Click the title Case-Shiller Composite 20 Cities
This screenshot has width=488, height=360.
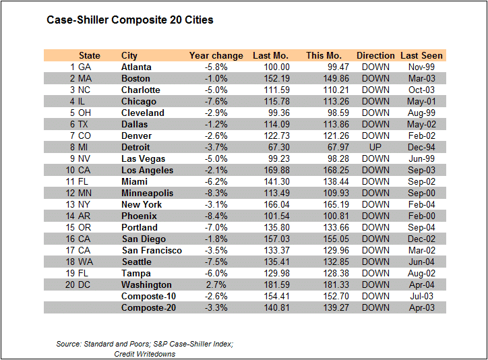point(130,20)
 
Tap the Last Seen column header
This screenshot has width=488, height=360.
point(421,55)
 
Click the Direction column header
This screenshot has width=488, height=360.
point(375,55)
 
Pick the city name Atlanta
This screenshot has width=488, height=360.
point(136,67)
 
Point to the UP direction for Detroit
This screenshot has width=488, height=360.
point(375,147)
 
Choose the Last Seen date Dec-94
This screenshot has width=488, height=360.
point(421,147)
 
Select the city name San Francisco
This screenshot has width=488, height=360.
point(152,250)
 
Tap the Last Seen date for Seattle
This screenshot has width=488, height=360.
point(421,262)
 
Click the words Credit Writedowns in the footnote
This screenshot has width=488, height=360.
point(145,354)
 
